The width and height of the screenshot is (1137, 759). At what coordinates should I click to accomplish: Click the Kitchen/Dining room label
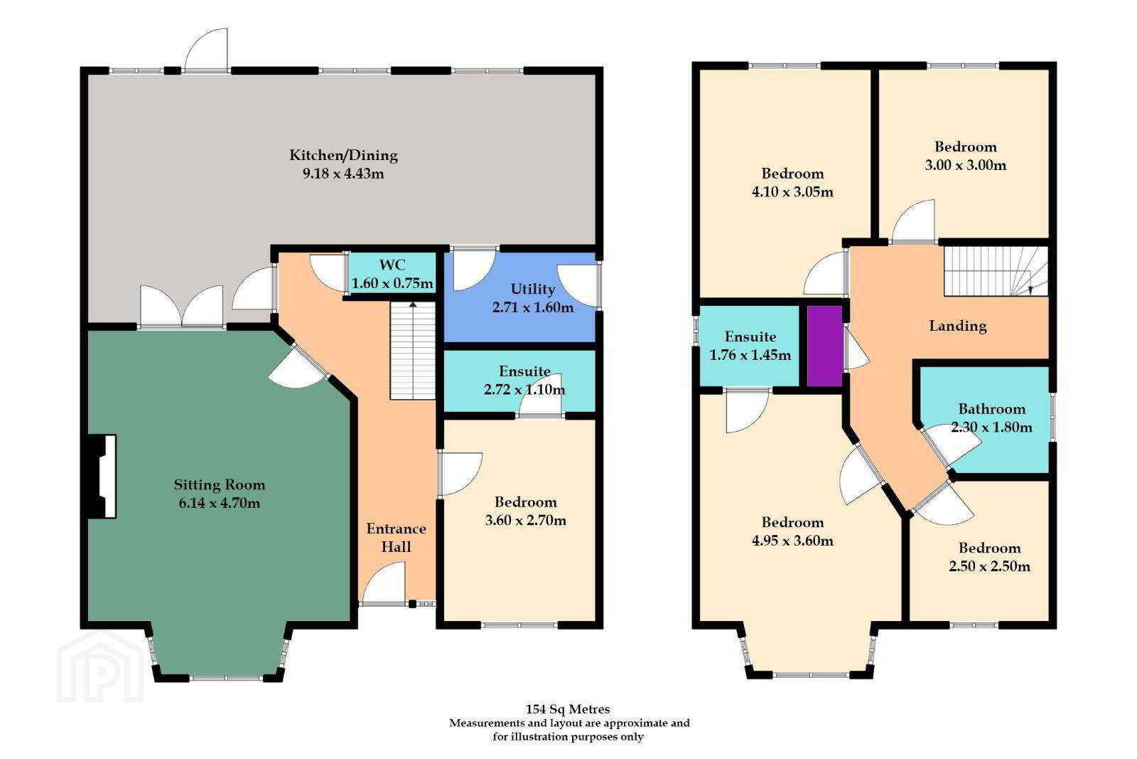(x=344, y=155)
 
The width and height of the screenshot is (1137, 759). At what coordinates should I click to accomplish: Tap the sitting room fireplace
(x=102, y=476)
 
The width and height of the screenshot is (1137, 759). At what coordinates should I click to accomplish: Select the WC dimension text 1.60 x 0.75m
(x=392, y=283)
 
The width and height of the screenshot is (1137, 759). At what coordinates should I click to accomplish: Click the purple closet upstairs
(x=825, y=346)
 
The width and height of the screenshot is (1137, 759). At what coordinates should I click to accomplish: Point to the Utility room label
(x=532, y=289)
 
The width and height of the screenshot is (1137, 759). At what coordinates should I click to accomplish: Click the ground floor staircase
(x=413, y=351)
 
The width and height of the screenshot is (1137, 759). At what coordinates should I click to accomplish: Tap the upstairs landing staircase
(x=996, y=271)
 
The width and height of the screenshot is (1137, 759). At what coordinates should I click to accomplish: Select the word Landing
(x=958, y=326)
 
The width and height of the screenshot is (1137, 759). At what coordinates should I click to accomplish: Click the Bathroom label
(x=991, y=408)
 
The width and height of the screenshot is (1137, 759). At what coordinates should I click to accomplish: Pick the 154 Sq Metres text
(x=568, y=708)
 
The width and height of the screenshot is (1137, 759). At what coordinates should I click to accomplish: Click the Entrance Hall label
(x=396, y=538)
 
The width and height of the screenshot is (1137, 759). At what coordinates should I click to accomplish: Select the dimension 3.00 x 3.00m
(x=965, y=165)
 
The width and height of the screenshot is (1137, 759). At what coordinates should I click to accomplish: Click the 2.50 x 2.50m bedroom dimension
(x=989, y=566)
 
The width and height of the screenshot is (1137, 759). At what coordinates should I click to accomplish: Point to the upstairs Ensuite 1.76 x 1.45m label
(x=750, y=346)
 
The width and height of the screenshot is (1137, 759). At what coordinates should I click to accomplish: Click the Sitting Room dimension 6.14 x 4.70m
(x=220, y=503)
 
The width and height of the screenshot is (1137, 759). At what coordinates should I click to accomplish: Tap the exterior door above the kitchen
(x=206, y=50)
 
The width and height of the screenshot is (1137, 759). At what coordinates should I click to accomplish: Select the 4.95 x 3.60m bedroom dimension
(x=792, y=540)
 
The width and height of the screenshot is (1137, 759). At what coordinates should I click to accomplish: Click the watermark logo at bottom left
(x=100, y=667)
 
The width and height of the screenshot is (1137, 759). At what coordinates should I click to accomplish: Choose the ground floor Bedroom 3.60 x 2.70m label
(x=525, y=511)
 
